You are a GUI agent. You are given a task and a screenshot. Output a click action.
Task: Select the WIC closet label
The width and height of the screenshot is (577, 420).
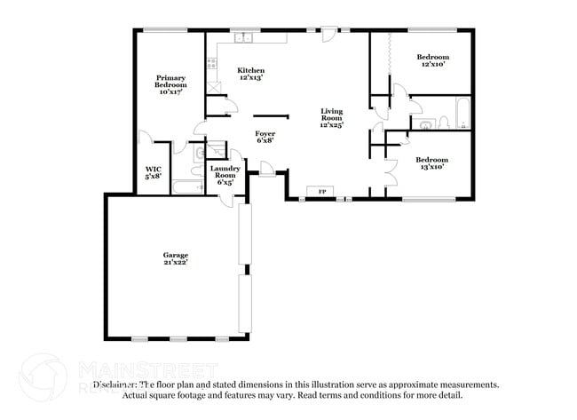[x=153, y=172]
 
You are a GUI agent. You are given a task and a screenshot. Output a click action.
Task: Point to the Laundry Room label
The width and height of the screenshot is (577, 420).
[x=225, y=171]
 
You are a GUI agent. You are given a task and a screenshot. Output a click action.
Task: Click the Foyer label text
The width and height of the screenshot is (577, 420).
[x=265, y=136]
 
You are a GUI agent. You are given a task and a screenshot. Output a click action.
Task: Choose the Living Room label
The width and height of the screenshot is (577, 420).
[x=331, y=118]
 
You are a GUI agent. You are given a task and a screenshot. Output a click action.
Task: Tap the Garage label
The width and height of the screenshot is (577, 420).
[x=175, y=258]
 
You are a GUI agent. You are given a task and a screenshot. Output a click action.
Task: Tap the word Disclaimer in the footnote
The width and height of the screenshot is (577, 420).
[x=115, y=385]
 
